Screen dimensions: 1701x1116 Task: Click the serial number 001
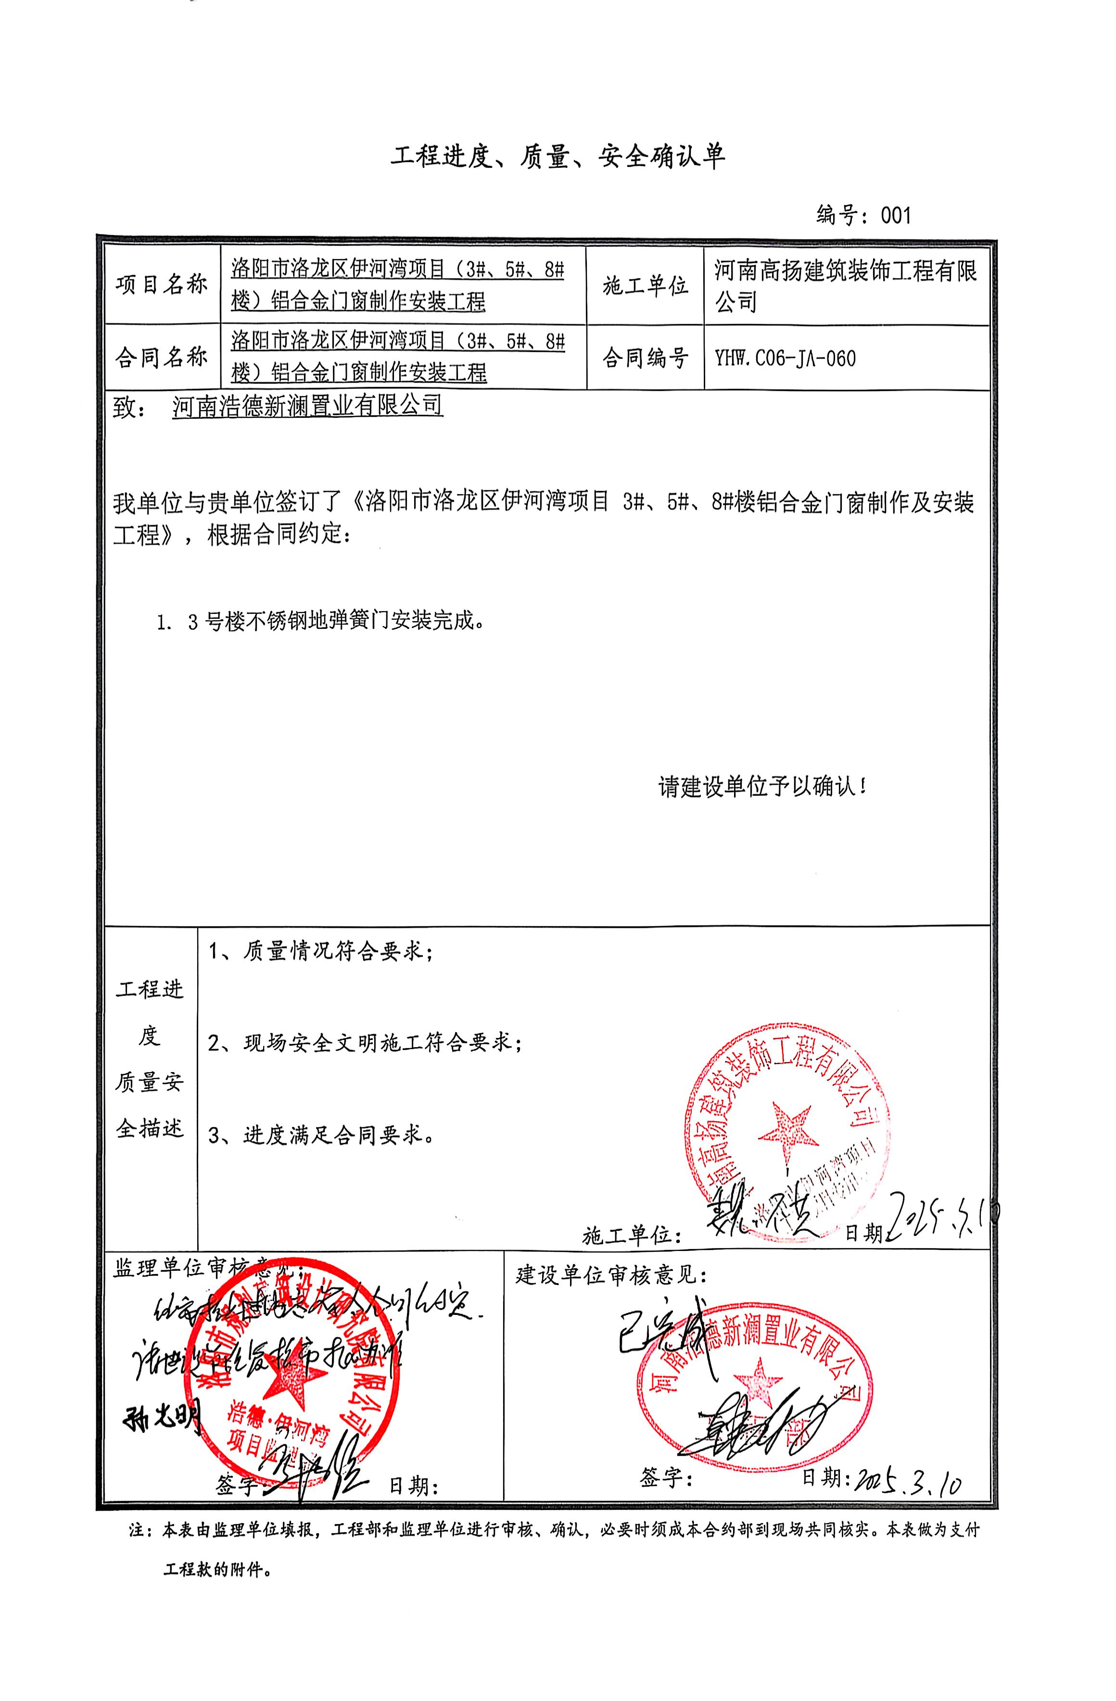[896, 214]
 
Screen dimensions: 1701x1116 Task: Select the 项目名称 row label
[162, 285]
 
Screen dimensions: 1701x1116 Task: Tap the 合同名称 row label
[162, 357]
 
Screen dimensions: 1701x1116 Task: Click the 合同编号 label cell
[645, 357]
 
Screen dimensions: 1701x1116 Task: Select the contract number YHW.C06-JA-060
[784, 358]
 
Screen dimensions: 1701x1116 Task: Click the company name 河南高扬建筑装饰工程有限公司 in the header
[846, 285]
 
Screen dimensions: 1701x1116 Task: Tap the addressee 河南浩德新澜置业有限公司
[307, 406]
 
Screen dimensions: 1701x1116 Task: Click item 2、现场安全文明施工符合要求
[365, 1043]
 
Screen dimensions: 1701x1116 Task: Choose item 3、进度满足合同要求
[321, 1135]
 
